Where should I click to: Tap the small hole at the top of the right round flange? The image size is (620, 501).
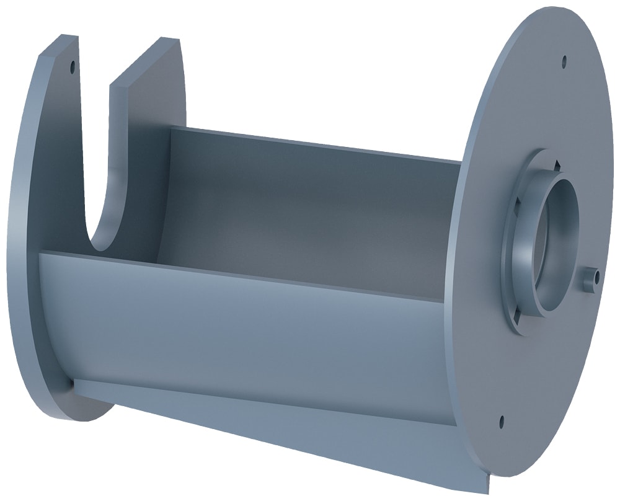[x=564, y=61]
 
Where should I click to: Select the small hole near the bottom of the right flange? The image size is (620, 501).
[x=501, y=421]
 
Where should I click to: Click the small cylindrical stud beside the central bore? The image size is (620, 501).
[x=589, y=278]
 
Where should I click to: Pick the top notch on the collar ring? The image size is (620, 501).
[x=556, y=164]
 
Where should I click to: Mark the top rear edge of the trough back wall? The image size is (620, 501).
[x=310, y=142]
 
